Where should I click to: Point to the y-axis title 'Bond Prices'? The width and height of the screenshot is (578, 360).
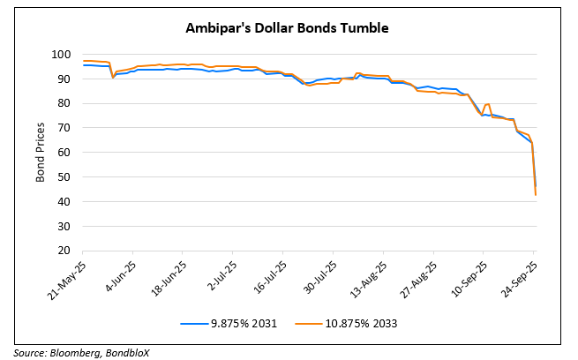(x=41, y=153)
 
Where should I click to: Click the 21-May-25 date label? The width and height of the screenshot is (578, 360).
(x=68, y=279)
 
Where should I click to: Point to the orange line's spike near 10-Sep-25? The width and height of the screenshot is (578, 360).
(x=488, y=104)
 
